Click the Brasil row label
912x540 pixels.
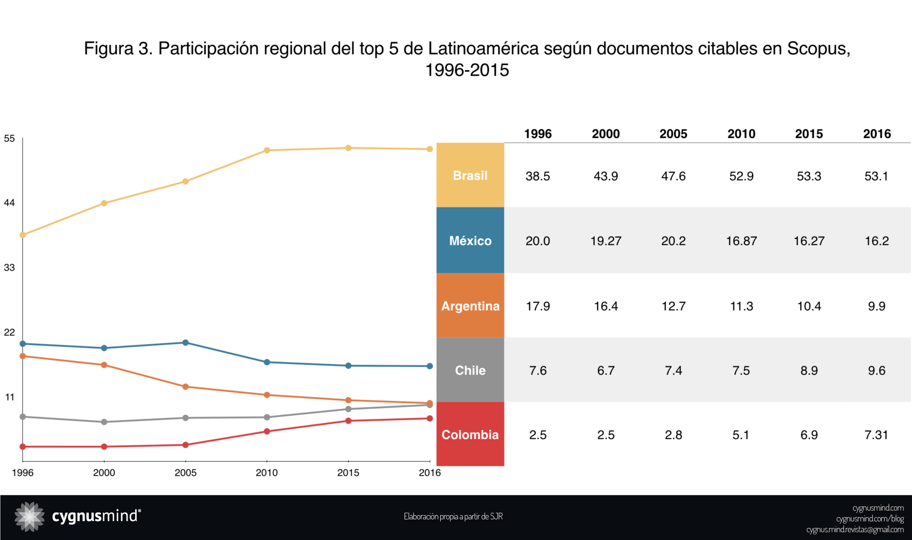pyautogui.click(x=470, y=175)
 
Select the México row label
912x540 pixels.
pyautogui.click(x=470, y=241)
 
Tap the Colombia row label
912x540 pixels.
pyautogui.click(x=470, y=435)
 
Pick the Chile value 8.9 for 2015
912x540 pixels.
pyautogui.click(x=809, y=370)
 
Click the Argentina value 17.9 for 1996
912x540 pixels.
pyautogui.click(x=538, y=306)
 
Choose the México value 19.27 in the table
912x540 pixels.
pyautogui.click(x=606, y=241)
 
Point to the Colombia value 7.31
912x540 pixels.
pyautogui.click(x=876, y=435)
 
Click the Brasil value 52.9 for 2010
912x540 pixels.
pyautogui.click(x=741, y=176)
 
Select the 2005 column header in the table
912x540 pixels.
pyautogui.click(x=673, y=134)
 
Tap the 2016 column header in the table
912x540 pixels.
pyautogui.click(x=877, y=134)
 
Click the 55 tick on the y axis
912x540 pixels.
pyautogui.click(x=9, y=139)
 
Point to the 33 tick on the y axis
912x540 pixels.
pyautogui.click(x=9, y=268)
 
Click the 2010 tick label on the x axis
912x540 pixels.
pyautogui.click(x=267, y=472)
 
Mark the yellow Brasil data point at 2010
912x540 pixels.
pyautogui.click(x=267, y=150)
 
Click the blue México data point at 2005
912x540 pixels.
pyautogui.click(x=185, y=342)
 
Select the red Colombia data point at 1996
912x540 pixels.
pyautogui.click(x=23, y=446)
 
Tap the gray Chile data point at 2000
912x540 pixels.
pyautogui.click(x=104, y=422)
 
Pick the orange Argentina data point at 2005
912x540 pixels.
pyautogui.click(x=185, y=387)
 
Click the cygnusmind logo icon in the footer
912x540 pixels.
pyautogui.click(x=29, y=516)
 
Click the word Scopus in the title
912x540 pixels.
pyautogui.click(x=818, y=49)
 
